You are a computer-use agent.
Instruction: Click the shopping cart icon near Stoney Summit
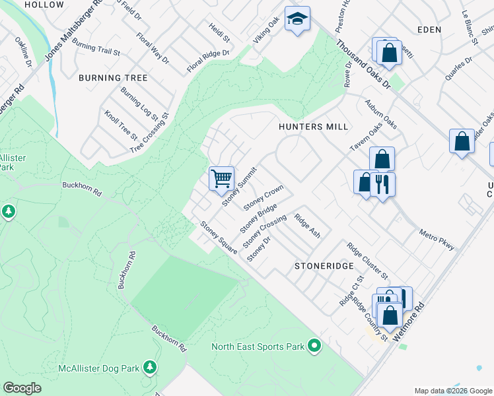click(221, 178)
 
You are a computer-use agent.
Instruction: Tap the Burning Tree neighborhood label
click(113, 78)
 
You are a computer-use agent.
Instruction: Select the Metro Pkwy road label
click(437, 240)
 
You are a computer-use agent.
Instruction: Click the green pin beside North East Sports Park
click(314, 345)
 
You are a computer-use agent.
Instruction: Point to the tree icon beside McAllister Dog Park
click(150, 366)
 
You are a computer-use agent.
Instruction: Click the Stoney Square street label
click(219, 238)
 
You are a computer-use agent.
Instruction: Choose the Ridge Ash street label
click(307, 226)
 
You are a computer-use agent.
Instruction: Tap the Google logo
click(23, 388)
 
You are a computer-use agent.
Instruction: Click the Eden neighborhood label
click(429, 30)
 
